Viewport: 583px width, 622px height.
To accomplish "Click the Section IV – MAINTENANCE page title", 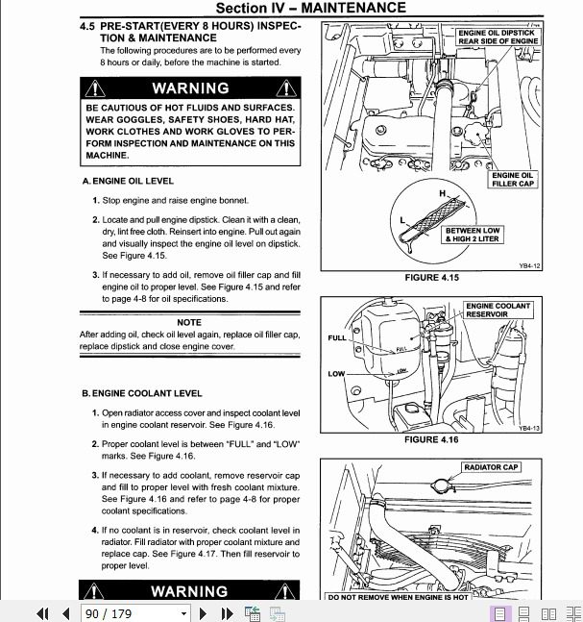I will (310, 8).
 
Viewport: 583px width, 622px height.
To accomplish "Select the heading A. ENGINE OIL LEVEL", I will (128, 181).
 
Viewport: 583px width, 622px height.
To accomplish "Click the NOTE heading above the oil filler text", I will (189, 322).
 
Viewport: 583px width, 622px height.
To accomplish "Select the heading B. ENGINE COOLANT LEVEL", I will (141, 393).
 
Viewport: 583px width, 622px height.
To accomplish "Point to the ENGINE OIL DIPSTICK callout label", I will (498, 37).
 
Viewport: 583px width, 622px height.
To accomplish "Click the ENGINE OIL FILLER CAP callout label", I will (512, 180).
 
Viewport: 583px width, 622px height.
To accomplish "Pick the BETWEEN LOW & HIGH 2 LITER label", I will (472, 235).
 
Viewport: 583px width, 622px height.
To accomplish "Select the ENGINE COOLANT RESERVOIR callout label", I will (498, 310).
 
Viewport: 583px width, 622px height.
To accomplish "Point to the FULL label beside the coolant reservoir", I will (337, 338).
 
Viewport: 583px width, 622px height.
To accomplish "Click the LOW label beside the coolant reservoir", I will (336, 374).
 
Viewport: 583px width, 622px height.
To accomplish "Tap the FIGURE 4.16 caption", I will (431, 440).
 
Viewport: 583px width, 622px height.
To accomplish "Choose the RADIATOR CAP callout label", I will (490, 467).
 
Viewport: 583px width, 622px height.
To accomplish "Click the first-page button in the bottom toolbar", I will (42, 612).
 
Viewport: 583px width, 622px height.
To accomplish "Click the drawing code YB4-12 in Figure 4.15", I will (530, 265).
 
